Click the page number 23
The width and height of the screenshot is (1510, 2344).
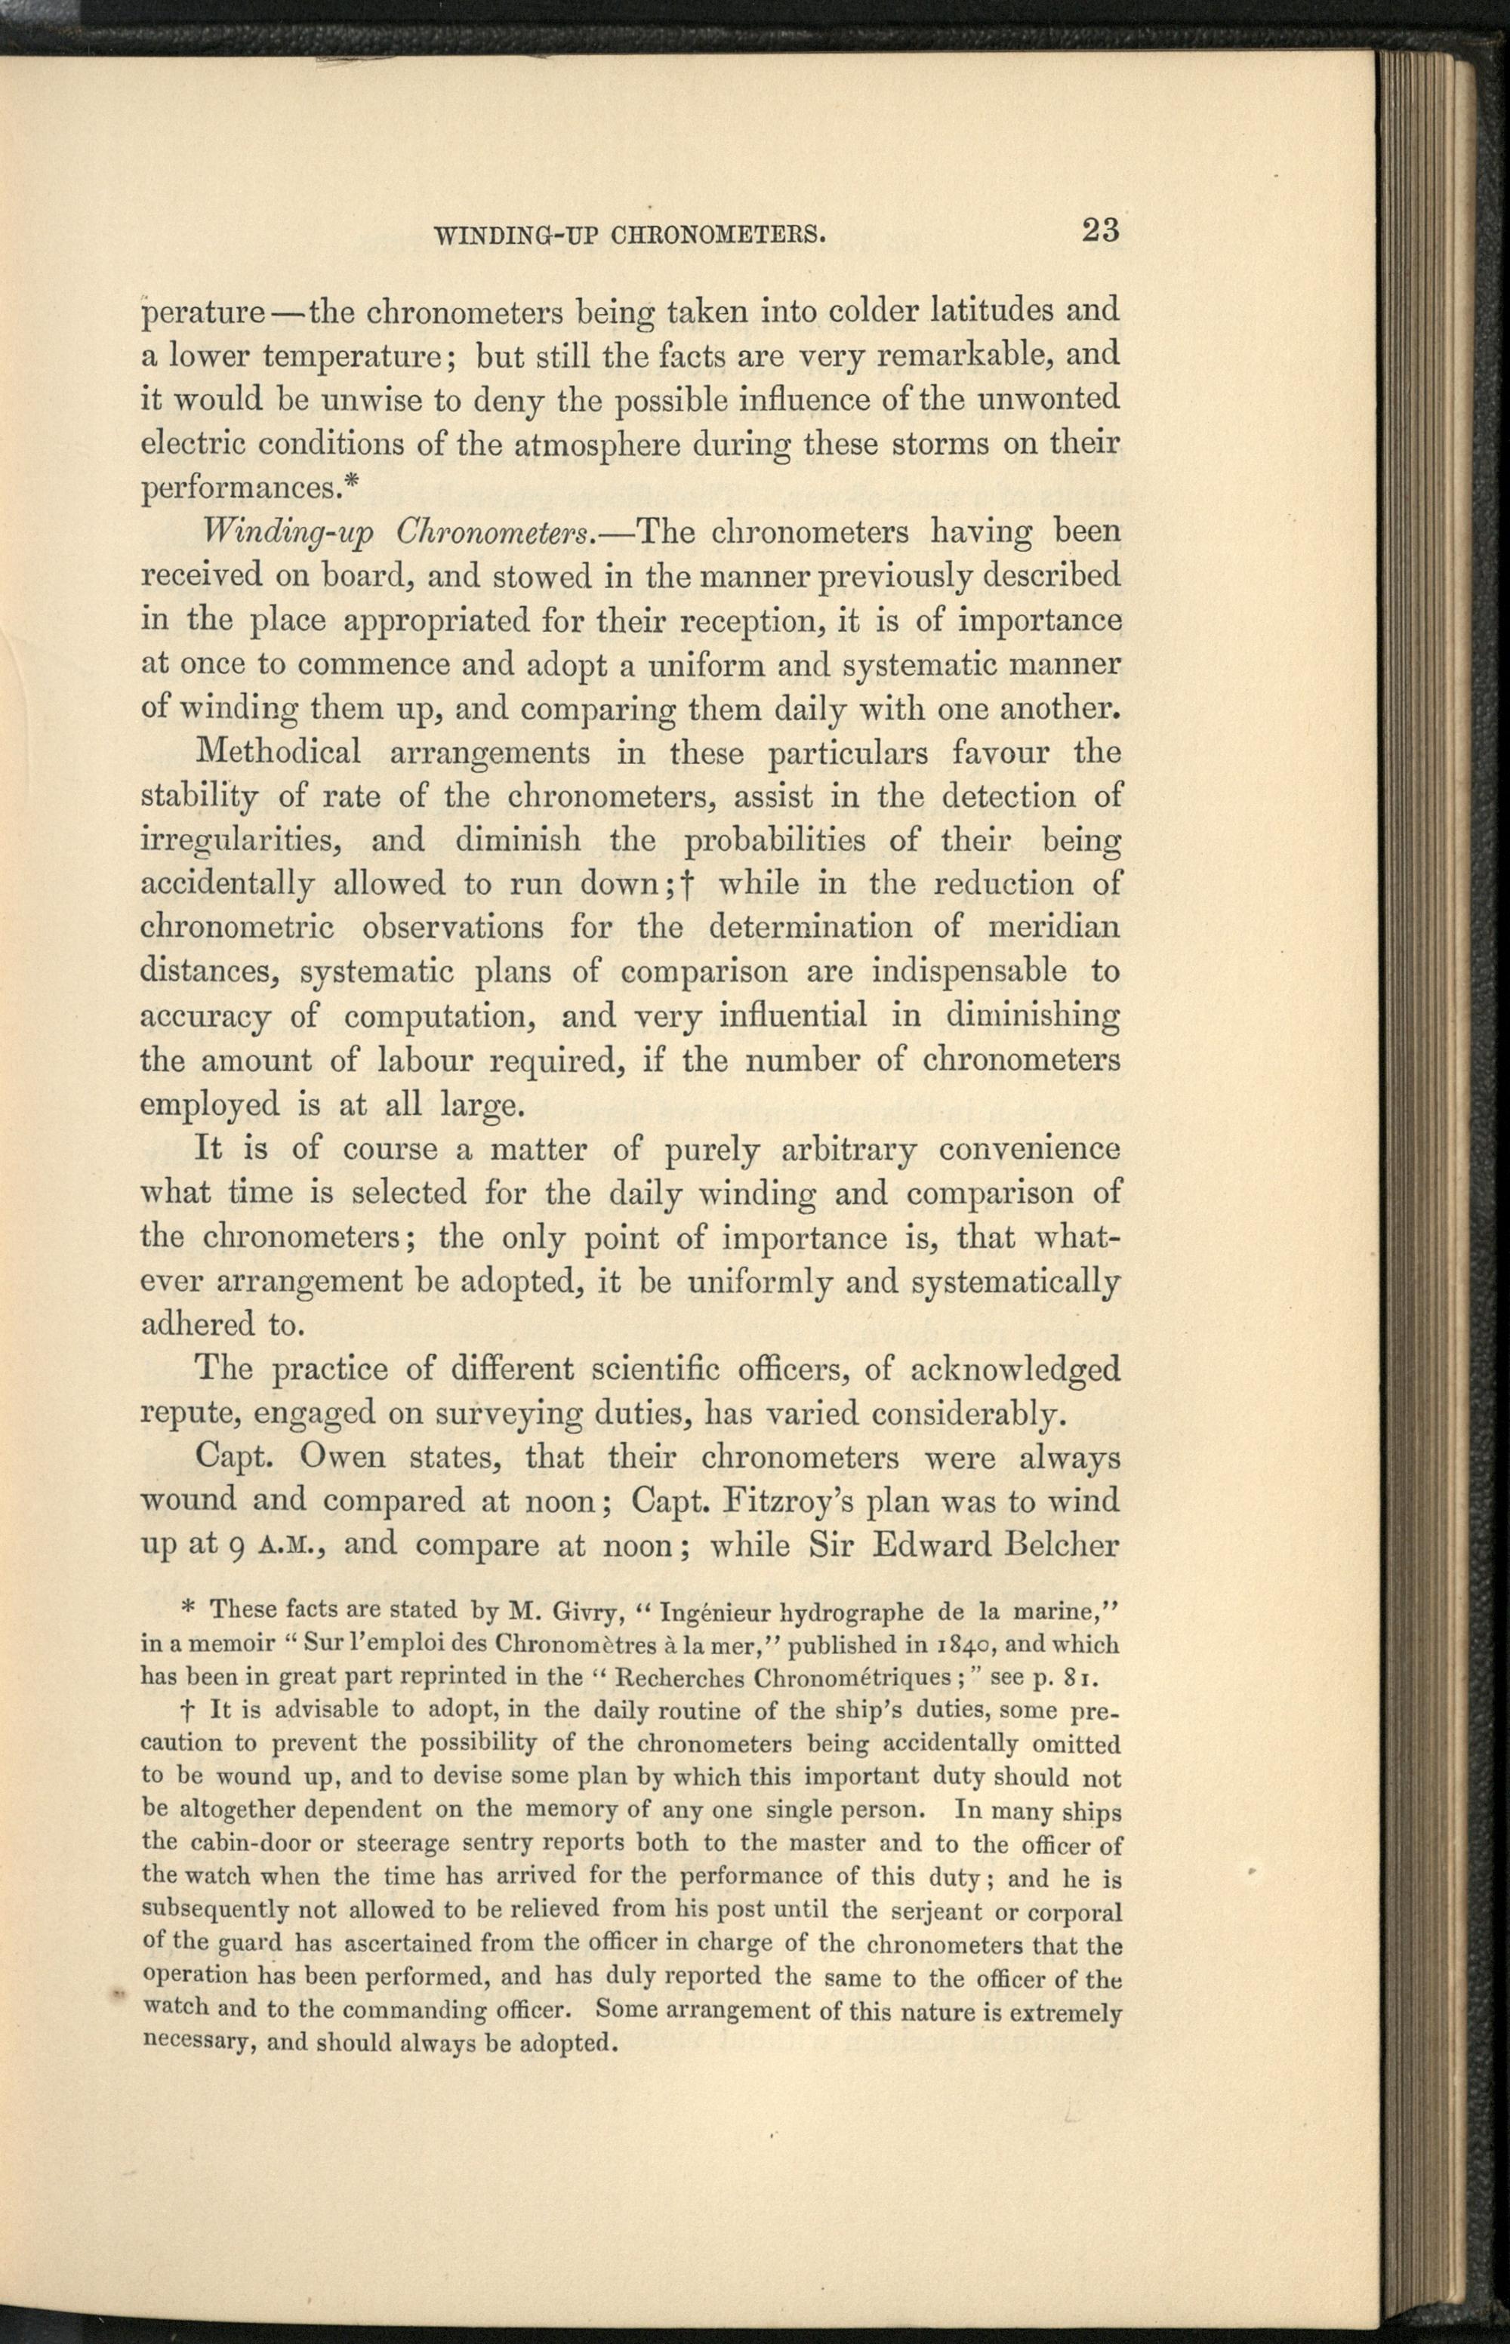[x=1100, y=231]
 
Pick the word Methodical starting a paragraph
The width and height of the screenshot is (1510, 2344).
[x=279, y=753]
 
